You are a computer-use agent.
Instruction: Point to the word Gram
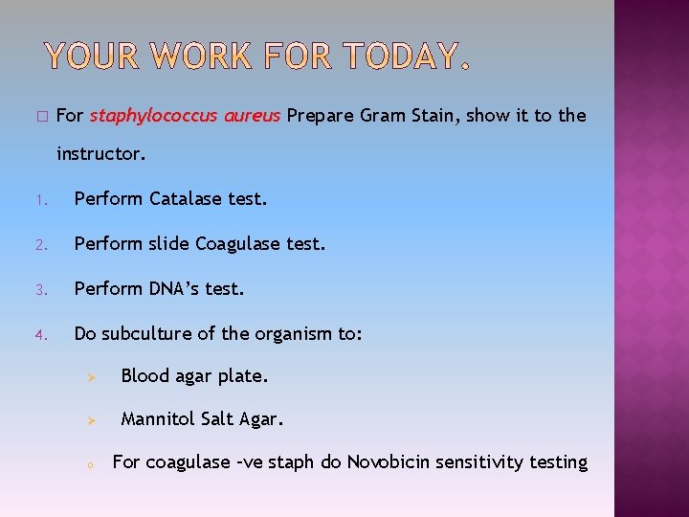coord(385,116)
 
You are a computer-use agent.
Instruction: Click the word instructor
coord(100,152)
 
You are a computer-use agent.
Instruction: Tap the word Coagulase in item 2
coord(235,243)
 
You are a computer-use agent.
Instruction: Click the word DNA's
coord(174,287)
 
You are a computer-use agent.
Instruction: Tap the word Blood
coord(144,376)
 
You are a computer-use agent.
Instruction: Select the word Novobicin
coord(389,462)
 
